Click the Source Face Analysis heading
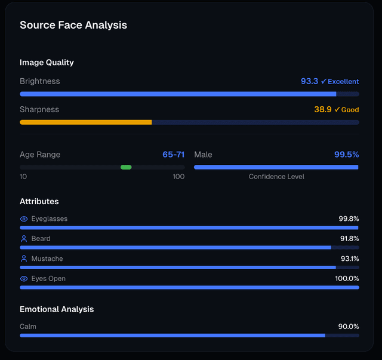[x=73, y=25]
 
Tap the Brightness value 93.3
[x=309, y=81]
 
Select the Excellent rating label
[x=343, y=81]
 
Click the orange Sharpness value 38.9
[x=323, y=109]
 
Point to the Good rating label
[x=350, y=110]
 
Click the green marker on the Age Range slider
[x=126, y=167]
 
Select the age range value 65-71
[x=173, y=155]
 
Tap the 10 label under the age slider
[x=23, y=177]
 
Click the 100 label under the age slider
[x=178, y=177]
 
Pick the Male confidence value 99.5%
[x=346, y=155]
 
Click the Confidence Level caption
[x=276, y=177]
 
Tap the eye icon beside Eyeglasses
[x=24, y=219]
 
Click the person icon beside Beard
[x=24, y=239]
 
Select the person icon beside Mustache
[x=24, y=259]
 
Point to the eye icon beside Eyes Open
[x=24, y=279]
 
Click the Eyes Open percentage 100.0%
[x=347, y=279]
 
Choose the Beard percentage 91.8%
[x=349, y=239]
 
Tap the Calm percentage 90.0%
[x=349, y=327]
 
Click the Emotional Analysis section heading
[x=57, y=309]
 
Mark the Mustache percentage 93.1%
[x=349, y=259]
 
